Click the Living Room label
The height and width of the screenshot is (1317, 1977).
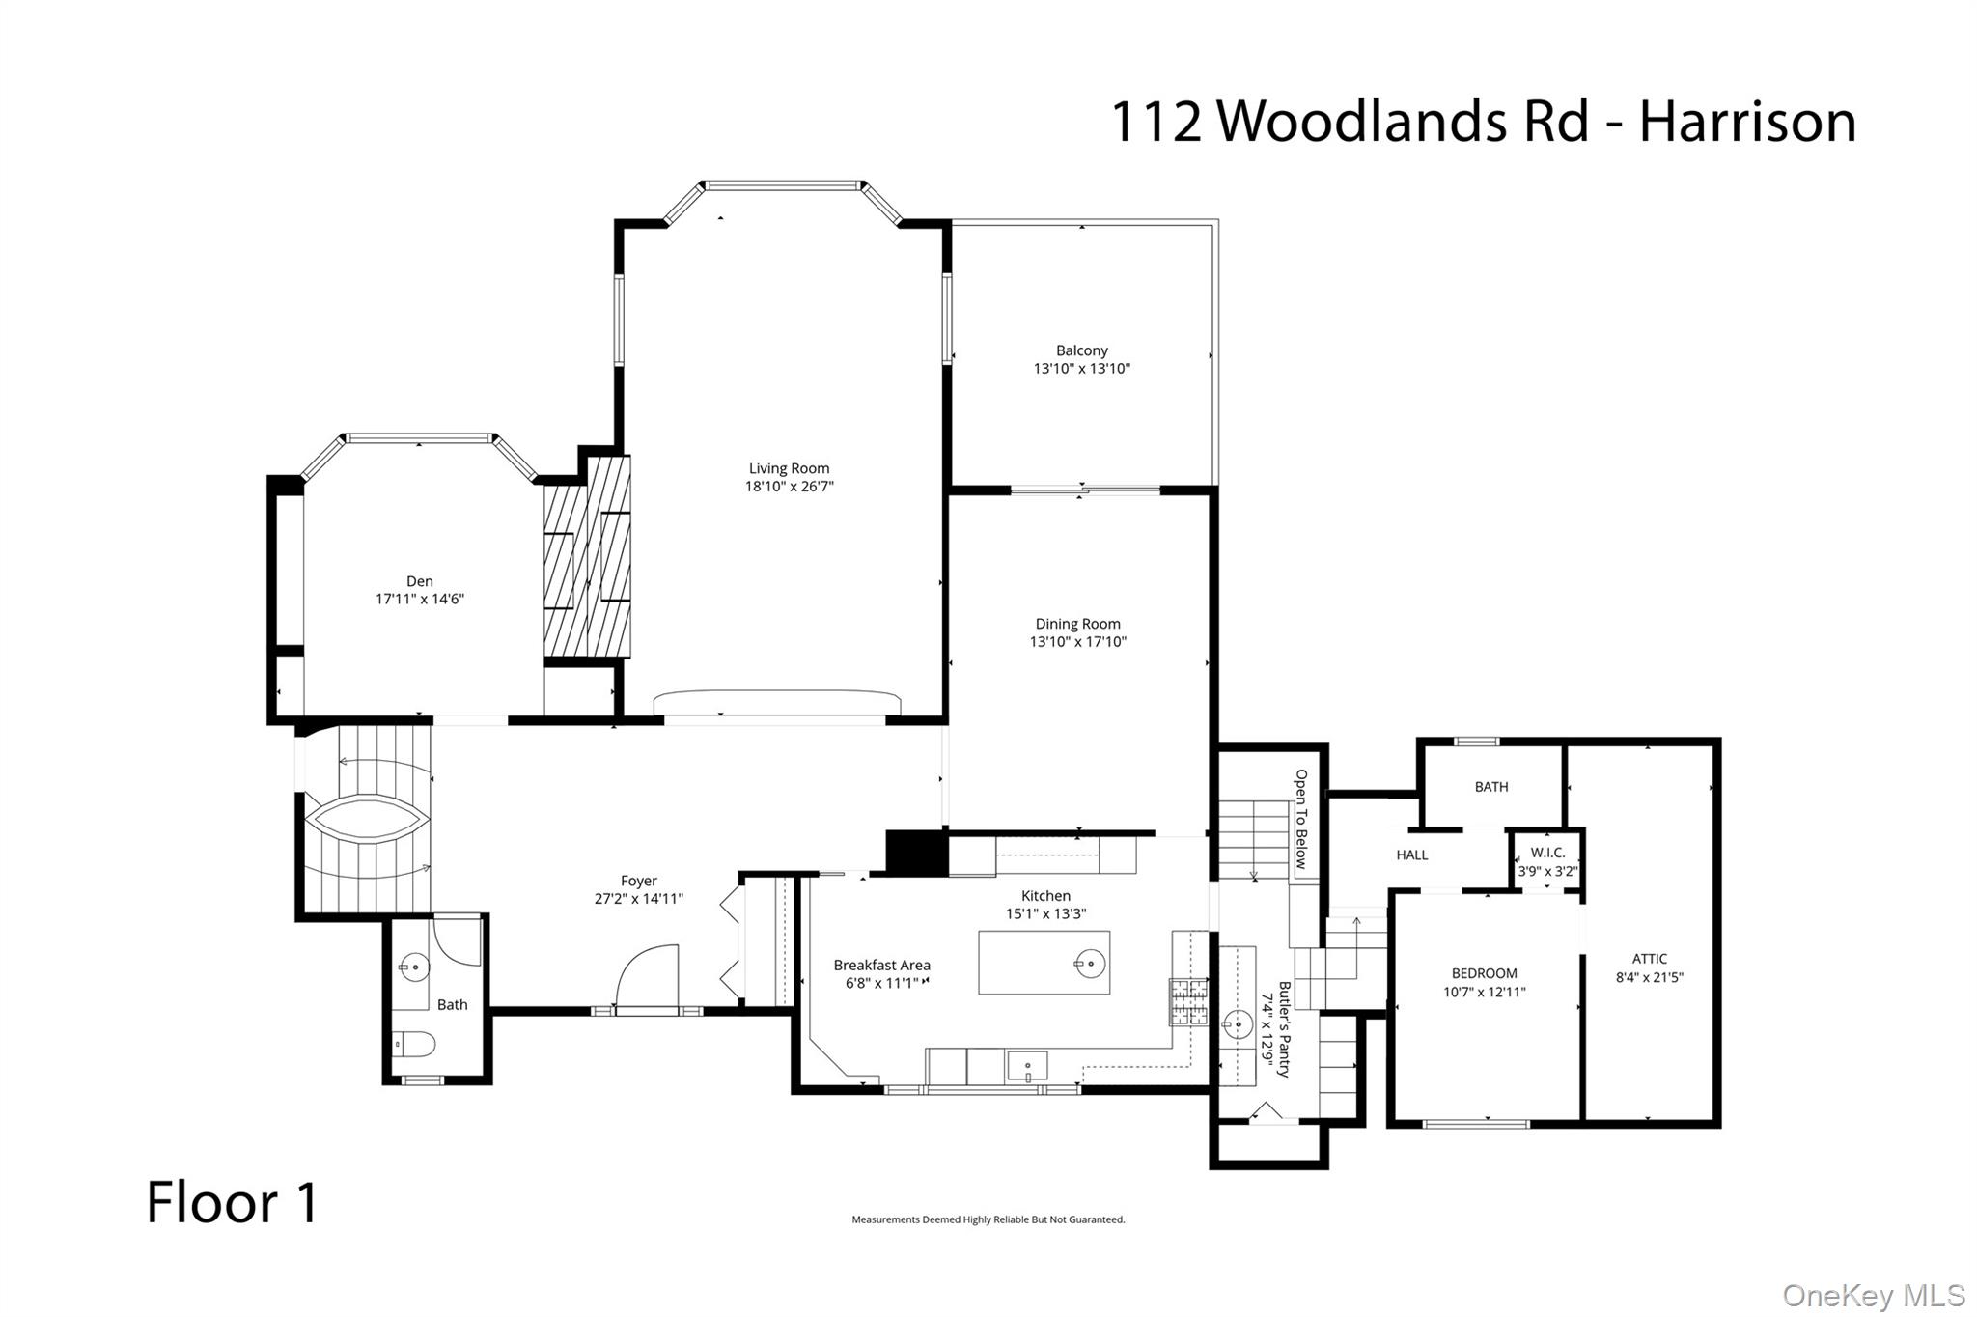point(789,468)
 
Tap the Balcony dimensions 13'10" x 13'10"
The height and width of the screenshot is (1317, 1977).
point(1081,369)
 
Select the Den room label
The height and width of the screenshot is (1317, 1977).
point(419,581)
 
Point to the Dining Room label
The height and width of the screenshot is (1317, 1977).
point(1077,624)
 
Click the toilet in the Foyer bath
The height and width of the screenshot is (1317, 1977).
point(415,1044)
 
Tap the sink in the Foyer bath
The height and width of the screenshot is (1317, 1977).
point(414,966)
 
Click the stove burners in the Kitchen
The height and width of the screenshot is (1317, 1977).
point(1188,1001)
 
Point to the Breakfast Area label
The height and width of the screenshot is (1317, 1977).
point(881,965)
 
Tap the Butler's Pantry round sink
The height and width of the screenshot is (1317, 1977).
point(1238,1024)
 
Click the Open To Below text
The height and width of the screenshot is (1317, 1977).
point(1301,819)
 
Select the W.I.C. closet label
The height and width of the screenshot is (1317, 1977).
point(1547,853)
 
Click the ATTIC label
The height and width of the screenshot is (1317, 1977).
point(1649,959)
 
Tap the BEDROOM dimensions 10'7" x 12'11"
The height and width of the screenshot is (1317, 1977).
point(1484,992)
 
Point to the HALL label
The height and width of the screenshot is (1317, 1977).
point(1411,855)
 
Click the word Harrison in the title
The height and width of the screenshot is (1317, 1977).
point(1747,122)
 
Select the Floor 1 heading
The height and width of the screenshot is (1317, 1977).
point(232,1203)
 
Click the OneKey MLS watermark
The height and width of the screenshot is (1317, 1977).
point(1873,1295)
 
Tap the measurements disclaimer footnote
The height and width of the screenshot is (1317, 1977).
point(988,1219)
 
